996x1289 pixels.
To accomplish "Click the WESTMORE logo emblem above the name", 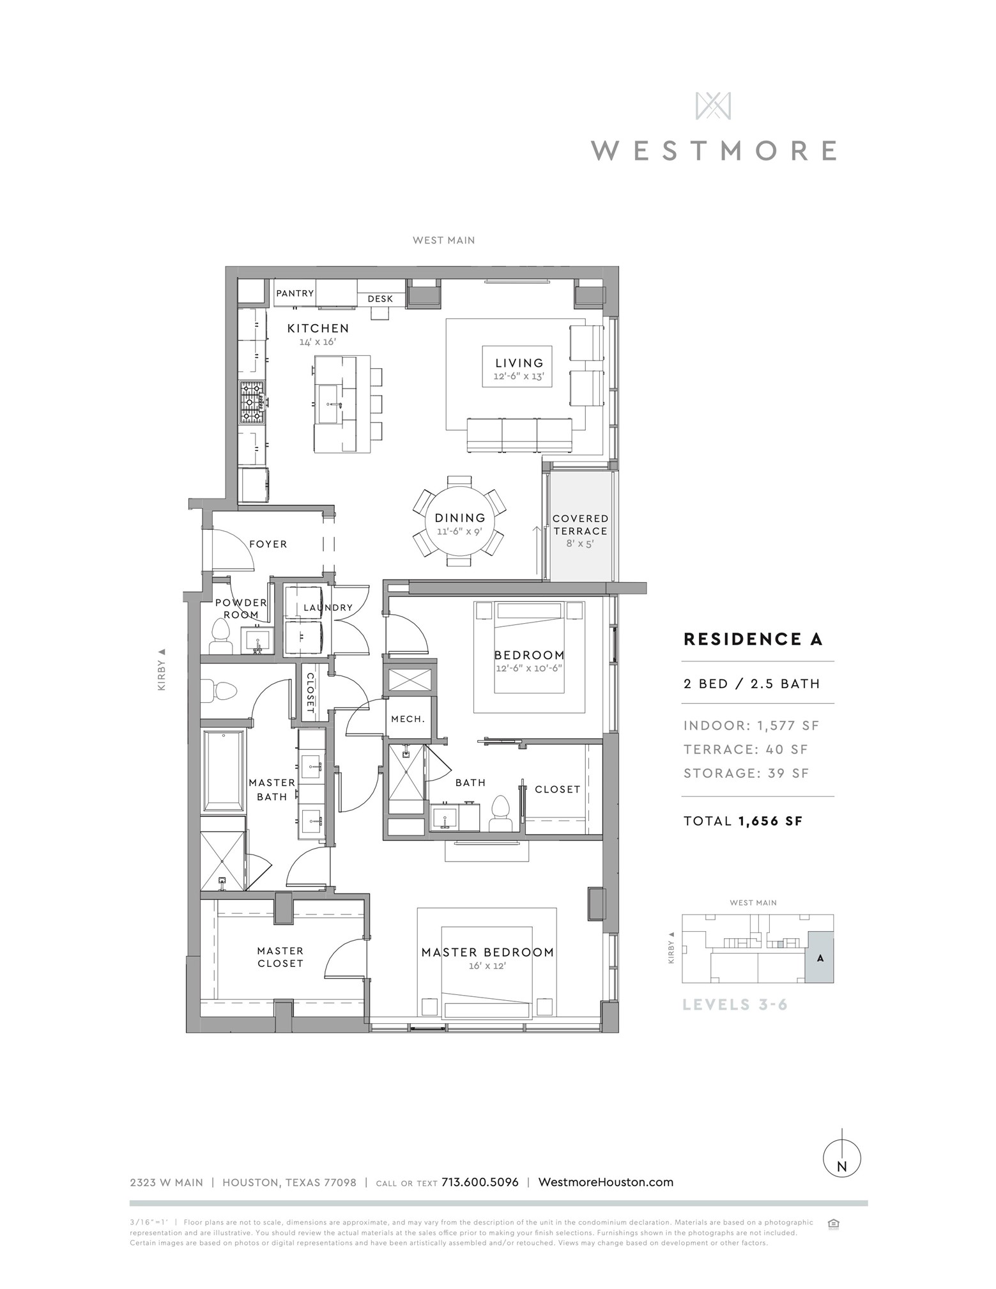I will coord(713,105).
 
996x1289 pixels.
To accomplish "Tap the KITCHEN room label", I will coord(318,328).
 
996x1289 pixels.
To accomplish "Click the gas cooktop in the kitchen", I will coord(252,403).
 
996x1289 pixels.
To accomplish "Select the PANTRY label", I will coord(295,293).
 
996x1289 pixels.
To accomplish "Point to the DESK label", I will coord(380,299).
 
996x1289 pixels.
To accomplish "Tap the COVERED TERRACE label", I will coord(580,525).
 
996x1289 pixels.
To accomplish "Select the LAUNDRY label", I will coord(328,608).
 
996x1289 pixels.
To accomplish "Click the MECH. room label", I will coord(408,719).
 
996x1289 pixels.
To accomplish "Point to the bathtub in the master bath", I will coord(223,771).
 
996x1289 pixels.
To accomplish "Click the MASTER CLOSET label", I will coord(280,957).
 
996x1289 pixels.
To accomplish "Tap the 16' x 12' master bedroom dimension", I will coord(487,966).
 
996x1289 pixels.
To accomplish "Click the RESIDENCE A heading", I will coord(753,639).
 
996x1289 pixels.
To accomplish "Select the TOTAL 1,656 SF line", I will coord(743,821).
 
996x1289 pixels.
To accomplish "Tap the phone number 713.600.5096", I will coord(480,1182).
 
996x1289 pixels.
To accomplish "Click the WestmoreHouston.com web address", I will coord(606,1182).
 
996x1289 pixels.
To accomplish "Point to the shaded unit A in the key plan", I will coord(819,957).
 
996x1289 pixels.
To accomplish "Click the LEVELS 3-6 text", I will coord(735,1005).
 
